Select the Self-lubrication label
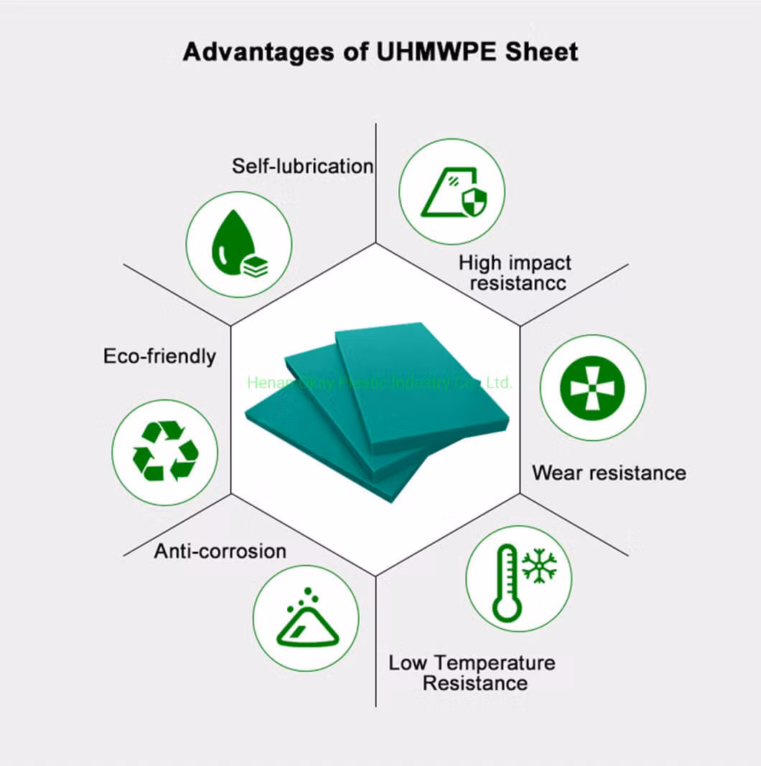coord(302,166)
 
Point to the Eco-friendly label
coord(159,356)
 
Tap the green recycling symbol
coord(165,451)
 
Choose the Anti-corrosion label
coord(220,551)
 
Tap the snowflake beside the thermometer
coord(539,566)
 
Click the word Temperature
coord(495,663)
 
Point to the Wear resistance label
coord(609,473)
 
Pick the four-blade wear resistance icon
coord(592,388)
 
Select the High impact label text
coord(515,262)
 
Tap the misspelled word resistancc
coord(518,283)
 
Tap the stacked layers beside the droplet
coord(255,267)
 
